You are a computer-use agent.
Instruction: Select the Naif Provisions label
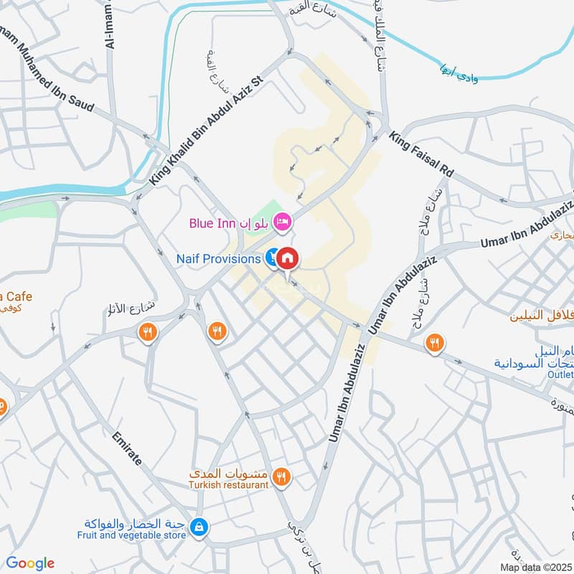click(219, 258)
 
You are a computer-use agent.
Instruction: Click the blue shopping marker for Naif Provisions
click(273, 258)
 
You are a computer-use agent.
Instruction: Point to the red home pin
click(287, 258)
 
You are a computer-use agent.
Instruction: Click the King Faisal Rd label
click(421, 155)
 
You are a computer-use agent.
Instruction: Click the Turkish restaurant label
click(230, 484)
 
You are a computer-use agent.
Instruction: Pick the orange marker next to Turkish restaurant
click(282, 476)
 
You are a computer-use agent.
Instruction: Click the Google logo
click(30, 563)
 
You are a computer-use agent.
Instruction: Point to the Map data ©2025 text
click(536, 567)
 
